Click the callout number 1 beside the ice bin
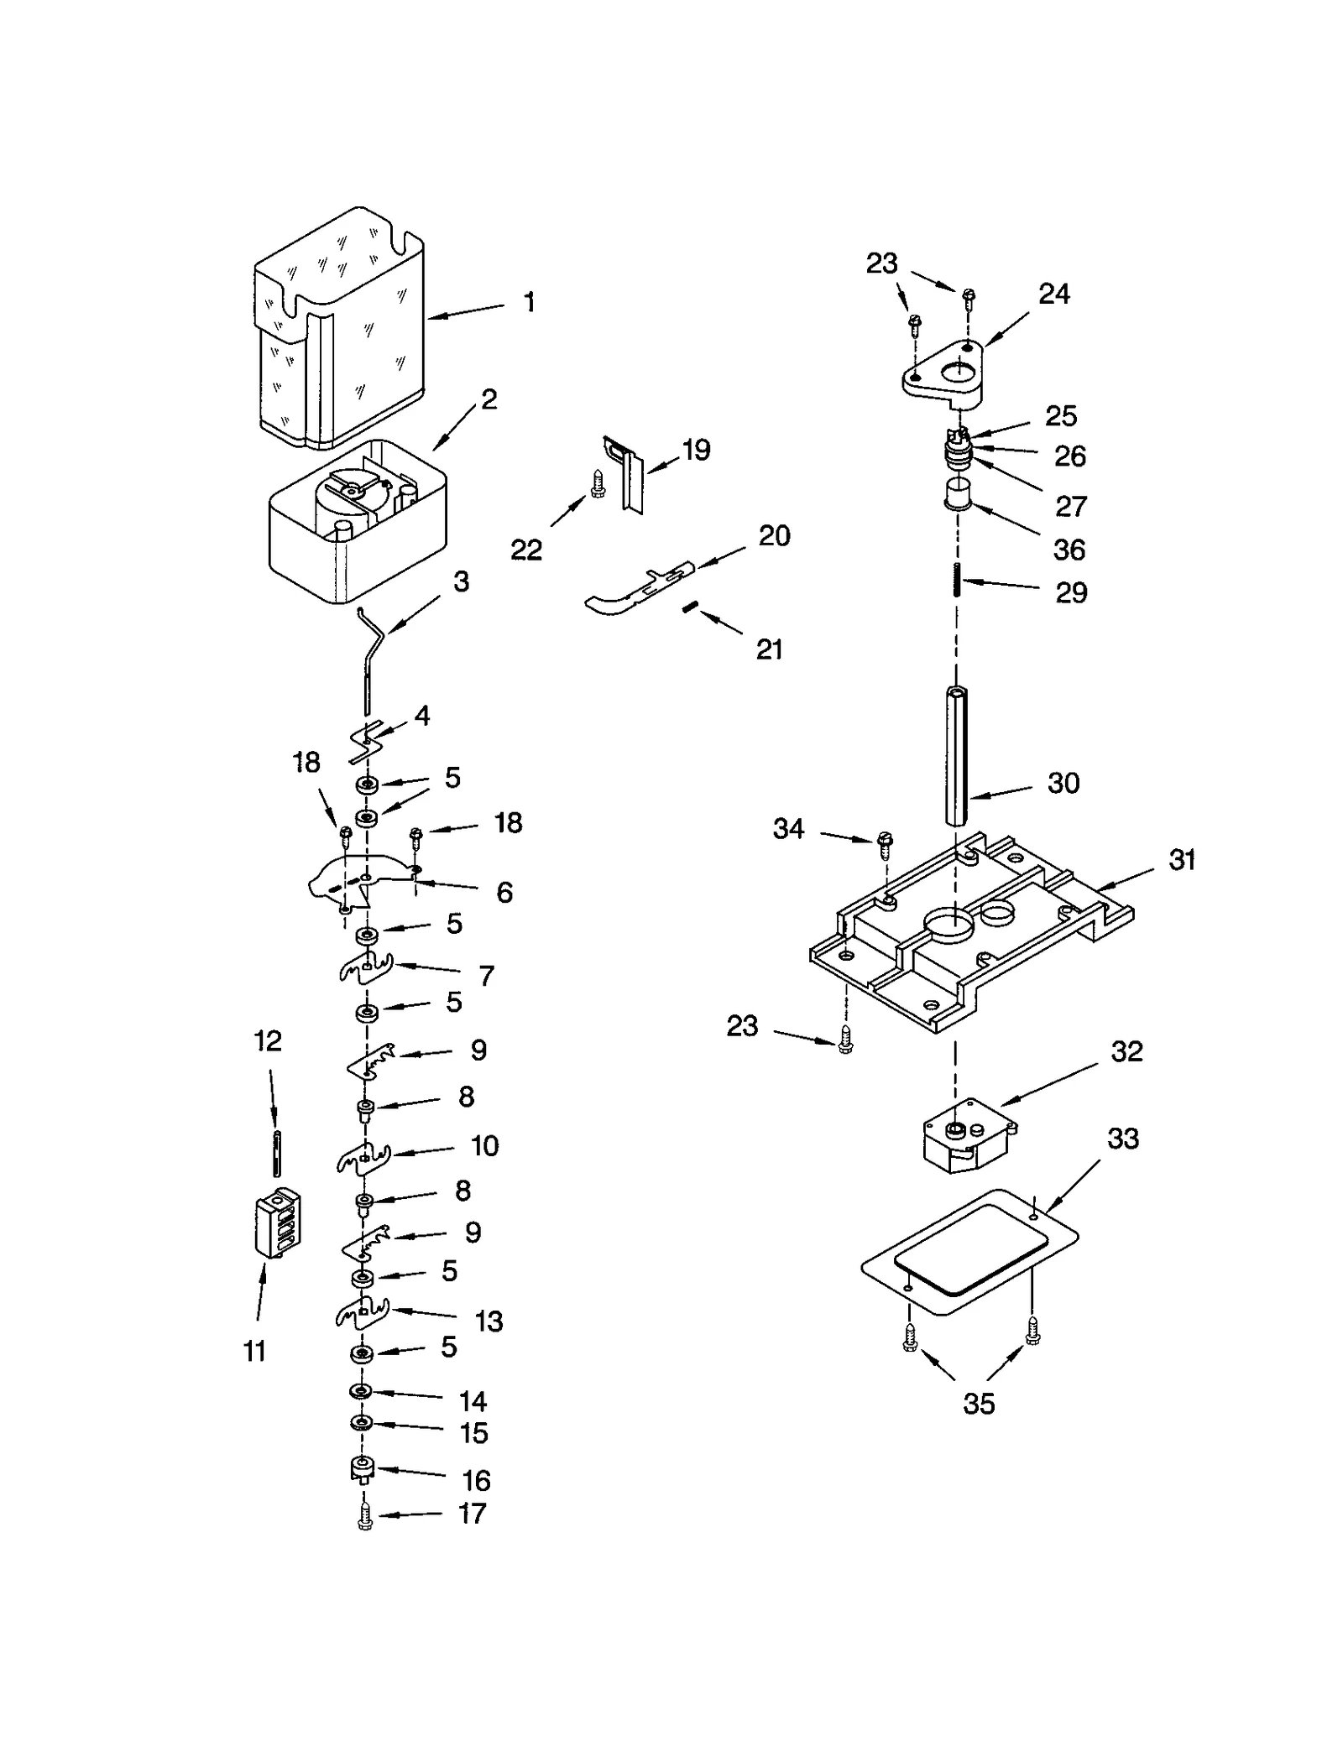click(x=529, y=302)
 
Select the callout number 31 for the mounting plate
click(x=1181, y=860)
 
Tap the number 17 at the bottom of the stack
click(x=472, y=1514)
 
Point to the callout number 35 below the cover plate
click(x=979, y=1404)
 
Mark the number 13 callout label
click(x=489, y=1321)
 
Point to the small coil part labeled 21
click(x=690, y=607)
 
